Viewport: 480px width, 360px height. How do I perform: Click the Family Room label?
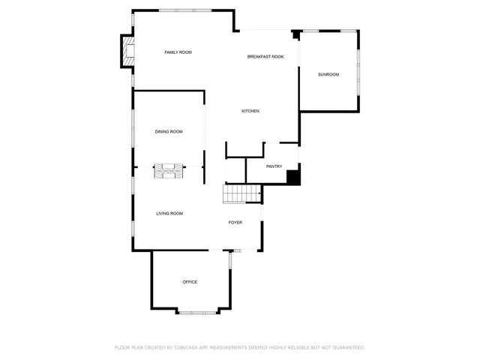point(178,52)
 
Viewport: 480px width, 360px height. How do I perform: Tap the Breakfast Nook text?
point(265,57)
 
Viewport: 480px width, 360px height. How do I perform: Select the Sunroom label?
point(328,74)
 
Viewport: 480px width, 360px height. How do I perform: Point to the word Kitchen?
point(250,111)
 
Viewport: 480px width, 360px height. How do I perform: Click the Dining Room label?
point(169,132)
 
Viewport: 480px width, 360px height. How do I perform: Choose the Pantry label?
point(274,166)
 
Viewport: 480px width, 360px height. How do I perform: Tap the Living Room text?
point(169,214)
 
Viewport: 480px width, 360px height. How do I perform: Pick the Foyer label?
point(235,223)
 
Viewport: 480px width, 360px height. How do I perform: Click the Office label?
point(190,282)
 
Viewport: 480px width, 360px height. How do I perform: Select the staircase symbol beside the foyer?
point(241,193)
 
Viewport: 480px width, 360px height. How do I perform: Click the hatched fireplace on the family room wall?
point(127,51)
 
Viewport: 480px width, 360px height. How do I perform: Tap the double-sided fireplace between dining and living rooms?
point(169,171)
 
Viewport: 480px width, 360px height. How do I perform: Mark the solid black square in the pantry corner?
point(293,178)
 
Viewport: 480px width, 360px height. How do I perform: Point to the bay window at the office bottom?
point(198,313)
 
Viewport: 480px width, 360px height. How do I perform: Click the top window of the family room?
point(185,10)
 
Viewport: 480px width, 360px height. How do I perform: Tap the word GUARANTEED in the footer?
point(349,347)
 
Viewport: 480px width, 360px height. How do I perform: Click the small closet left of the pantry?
point(235,170)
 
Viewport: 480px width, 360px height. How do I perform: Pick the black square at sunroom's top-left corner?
point(295,34)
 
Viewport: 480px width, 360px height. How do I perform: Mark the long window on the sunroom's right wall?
point(358,72)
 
